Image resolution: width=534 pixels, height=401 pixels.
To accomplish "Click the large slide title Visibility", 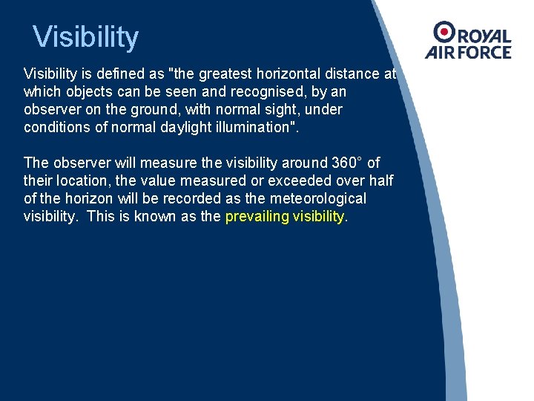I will click(x=86, y=37).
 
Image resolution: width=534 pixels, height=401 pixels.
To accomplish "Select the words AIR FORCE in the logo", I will click(x=468, y=53).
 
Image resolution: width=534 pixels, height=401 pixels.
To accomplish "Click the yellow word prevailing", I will click(x=257, y=216).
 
